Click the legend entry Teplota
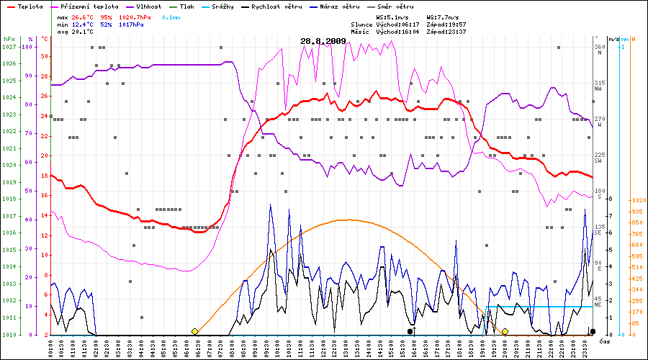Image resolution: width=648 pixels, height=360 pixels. [x=30, y=6]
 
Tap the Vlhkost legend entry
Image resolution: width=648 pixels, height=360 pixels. [x=148, y=6]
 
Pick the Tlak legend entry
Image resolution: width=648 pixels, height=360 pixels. [x=186, y=6]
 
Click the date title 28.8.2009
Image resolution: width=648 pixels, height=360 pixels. [x=323, y=41]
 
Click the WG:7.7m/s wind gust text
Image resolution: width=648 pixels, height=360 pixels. [x=444, y=16]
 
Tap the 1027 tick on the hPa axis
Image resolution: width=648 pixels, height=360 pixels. [x=9, y=47]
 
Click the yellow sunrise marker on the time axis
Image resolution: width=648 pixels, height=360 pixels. [x=194, y=331]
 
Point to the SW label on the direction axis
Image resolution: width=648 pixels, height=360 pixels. [x=598, y=161]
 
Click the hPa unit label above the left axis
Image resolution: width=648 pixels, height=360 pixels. [x=9, y=38]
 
